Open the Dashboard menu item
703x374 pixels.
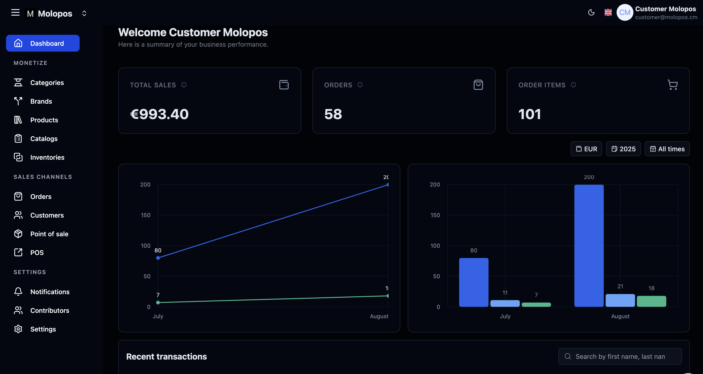[x=43, y=43]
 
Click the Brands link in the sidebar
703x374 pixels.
[x=41, y=101]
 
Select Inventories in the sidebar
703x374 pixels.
[x=47, y=157]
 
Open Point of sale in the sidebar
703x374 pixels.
[x=49, y=234]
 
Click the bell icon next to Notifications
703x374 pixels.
[x=18, y=292]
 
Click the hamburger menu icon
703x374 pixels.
[x=15, y=13]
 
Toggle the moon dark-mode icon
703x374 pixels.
[x=591, y=13]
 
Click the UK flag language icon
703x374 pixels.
[x=608, y=13]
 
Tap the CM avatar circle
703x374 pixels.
[x=625, y=13]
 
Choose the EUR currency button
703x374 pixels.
[x=586, y=149]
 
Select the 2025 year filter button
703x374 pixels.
[x=623, y=149]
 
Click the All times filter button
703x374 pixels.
[x=667, y=149]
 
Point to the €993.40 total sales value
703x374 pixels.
[x=159, y=114]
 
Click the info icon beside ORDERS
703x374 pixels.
[x=360, y=85]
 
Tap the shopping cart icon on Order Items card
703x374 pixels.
[x=672, y=85]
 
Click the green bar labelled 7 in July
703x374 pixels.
[x=536, y=304]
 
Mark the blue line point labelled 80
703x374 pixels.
[x=158, y=258]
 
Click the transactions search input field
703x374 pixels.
[x=620, y=356]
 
